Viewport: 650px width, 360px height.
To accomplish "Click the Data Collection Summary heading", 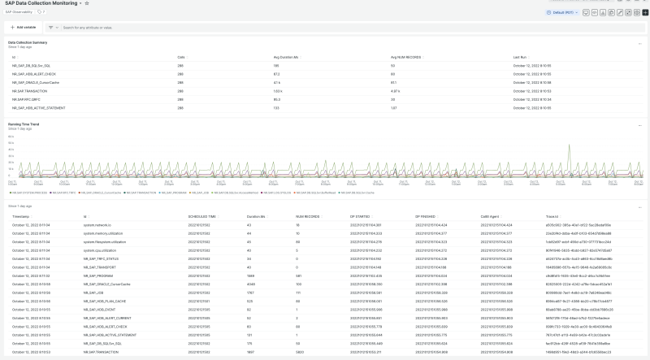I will point(27,41).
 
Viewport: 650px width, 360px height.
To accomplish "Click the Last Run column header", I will point(521,58).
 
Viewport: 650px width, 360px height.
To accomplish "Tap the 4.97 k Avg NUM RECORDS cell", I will point(396,91).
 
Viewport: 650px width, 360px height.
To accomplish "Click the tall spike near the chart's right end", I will point(574,152).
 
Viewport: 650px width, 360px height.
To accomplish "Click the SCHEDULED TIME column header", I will point(202,216).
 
